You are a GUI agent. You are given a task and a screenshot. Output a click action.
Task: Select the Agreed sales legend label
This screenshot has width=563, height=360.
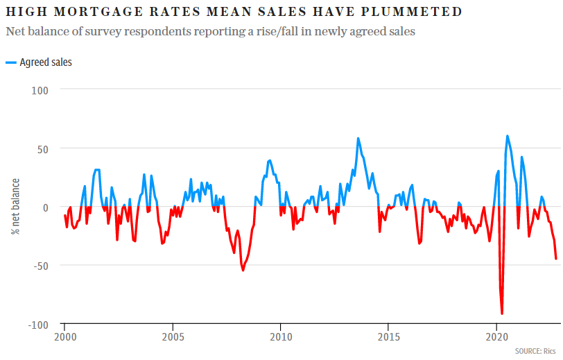tap(46, 62)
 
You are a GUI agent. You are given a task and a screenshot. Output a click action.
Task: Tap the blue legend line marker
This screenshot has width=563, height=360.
tap(10, 62)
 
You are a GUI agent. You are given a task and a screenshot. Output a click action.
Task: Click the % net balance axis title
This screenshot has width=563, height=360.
tap(15, 207)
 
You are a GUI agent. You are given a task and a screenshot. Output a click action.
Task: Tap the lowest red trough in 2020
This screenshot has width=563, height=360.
tap(502, 314)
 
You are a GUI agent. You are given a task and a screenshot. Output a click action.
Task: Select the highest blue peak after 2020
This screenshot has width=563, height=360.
tap(508, 136)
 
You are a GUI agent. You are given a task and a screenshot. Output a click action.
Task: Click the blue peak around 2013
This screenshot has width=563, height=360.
tap(358, 138)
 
